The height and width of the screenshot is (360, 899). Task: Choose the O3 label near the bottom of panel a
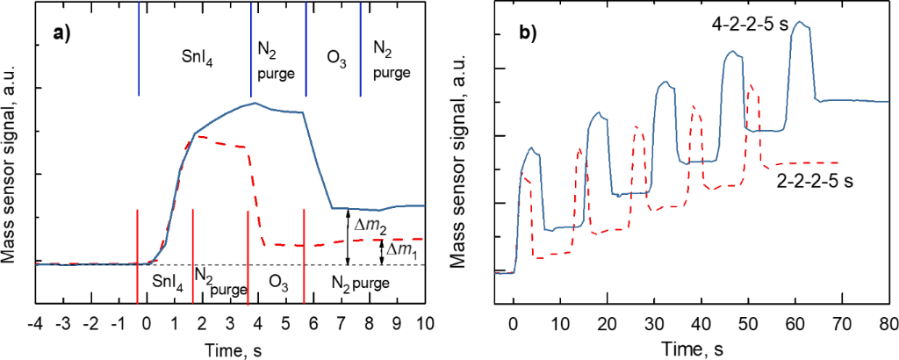[279, 283]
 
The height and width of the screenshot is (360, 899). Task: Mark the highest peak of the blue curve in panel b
[799, 23]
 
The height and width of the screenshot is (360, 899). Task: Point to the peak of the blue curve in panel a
[255, 103]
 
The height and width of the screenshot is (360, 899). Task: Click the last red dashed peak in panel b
[751, 86]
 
